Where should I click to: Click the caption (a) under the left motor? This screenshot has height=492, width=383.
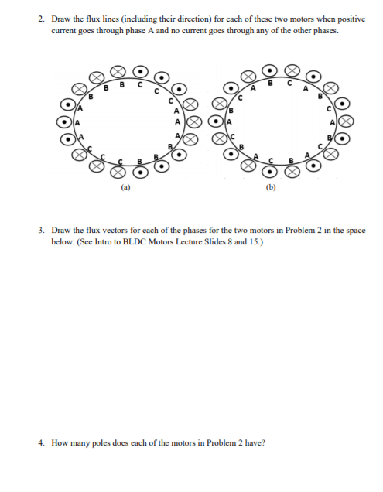[x=126, y=186]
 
